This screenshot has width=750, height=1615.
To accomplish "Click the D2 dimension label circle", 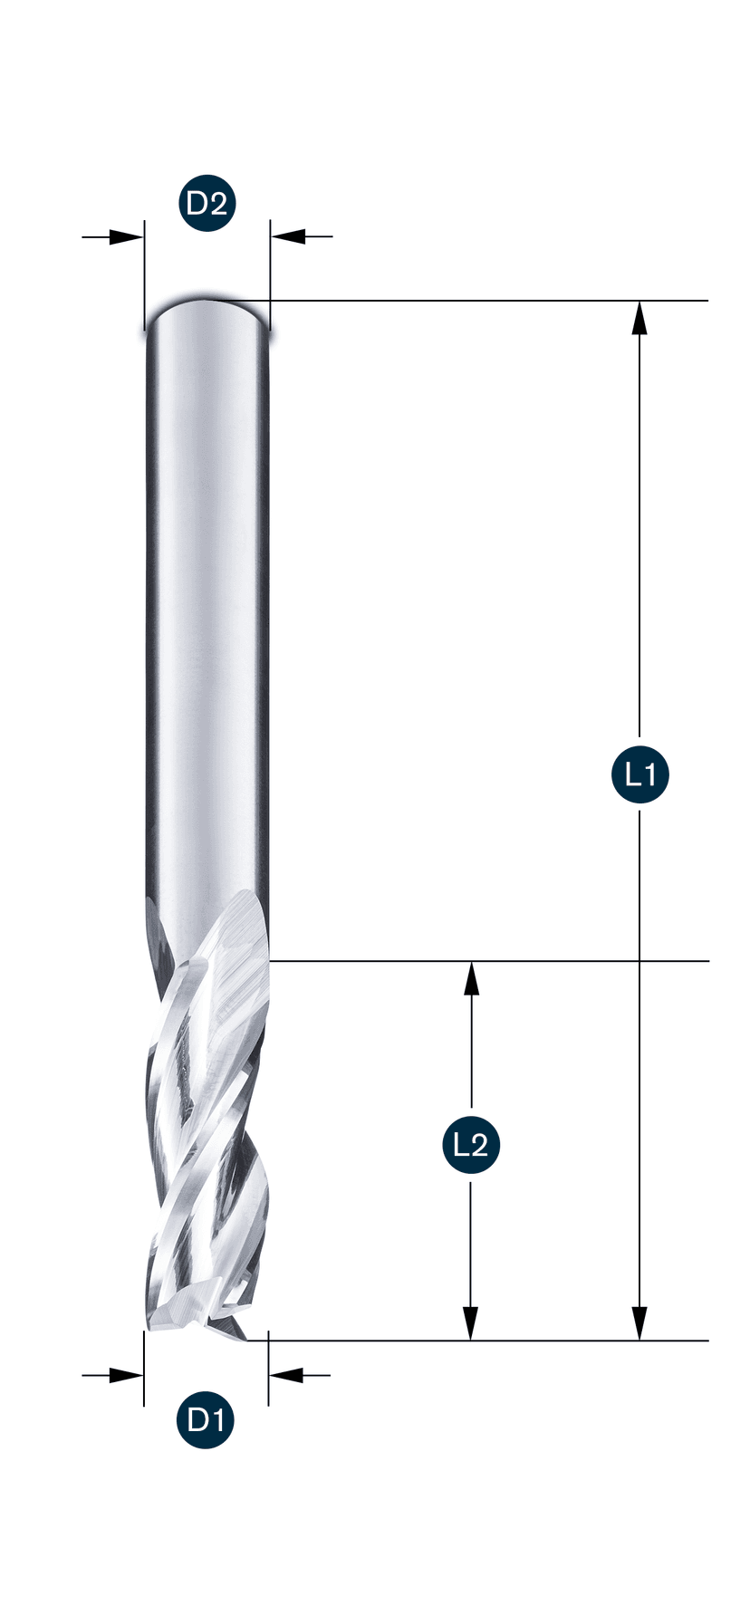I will click(207, 204).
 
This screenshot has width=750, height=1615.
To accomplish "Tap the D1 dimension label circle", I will click(206, 1419).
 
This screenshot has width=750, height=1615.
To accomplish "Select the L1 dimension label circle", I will click(640, 774).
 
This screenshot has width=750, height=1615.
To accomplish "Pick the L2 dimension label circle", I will click(471, 1146).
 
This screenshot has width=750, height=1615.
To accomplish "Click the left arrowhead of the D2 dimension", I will click(126, 237).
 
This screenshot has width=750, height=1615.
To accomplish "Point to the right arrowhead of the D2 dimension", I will click(288, 237).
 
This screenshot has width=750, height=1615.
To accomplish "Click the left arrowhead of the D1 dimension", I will click(126, 1375).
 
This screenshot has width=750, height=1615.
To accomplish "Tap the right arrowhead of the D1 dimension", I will click(286, 1375).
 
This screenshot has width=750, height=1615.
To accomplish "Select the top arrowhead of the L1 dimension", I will click(640, 319).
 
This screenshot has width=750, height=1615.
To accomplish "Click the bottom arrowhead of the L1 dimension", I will click(640, 1322).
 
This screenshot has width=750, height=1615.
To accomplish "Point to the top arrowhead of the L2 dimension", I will click(471, 978).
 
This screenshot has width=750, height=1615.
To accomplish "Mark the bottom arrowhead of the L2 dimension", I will click(471, 1322).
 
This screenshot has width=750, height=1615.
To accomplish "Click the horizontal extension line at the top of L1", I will click(489, 300).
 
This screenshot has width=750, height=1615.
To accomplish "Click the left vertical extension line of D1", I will click(144, 1368).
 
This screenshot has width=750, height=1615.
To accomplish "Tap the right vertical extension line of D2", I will click(270, 263).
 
